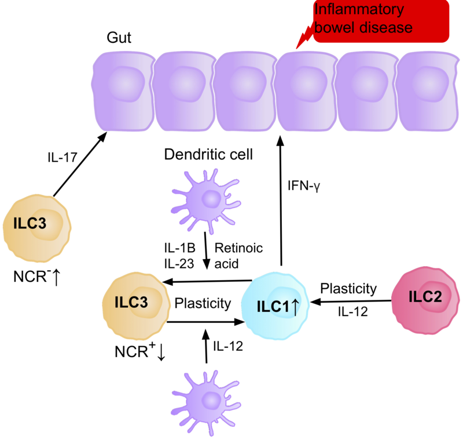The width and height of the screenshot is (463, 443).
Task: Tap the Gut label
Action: coord(119,38)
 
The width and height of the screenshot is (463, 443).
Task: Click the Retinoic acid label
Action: coord(238,256)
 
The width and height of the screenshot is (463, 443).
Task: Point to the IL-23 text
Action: coord(179,262)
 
